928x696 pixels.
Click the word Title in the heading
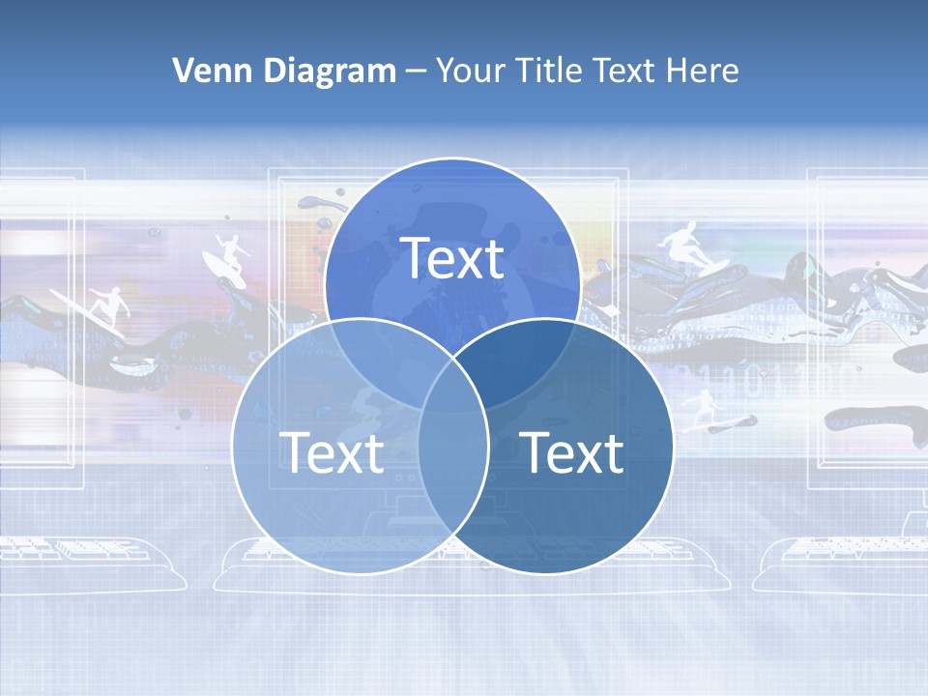552,71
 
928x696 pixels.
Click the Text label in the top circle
452,258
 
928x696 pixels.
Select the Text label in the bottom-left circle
332,452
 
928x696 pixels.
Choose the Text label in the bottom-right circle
572,452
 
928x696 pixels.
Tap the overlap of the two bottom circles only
452,474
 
